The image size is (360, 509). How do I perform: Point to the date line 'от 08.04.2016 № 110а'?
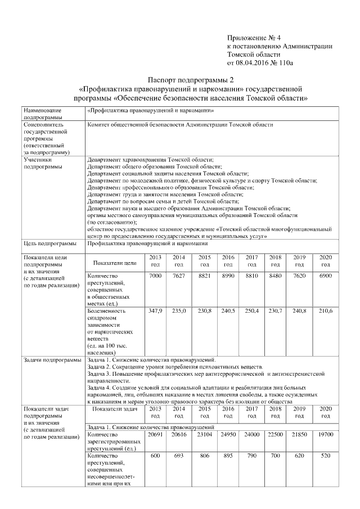point(260,63)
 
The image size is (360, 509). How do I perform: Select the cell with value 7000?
point(155,276)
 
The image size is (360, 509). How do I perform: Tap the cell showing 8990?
point(228,276)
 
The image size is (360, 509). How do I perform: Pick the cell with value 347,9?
point(155,310)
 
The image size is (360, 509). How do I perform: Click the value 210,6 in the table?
point(326,310)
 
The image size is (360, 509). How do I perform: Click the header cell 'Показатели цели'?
point(115,263)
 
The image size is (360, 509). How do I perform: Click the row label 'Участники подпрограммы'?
point(42,163)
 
